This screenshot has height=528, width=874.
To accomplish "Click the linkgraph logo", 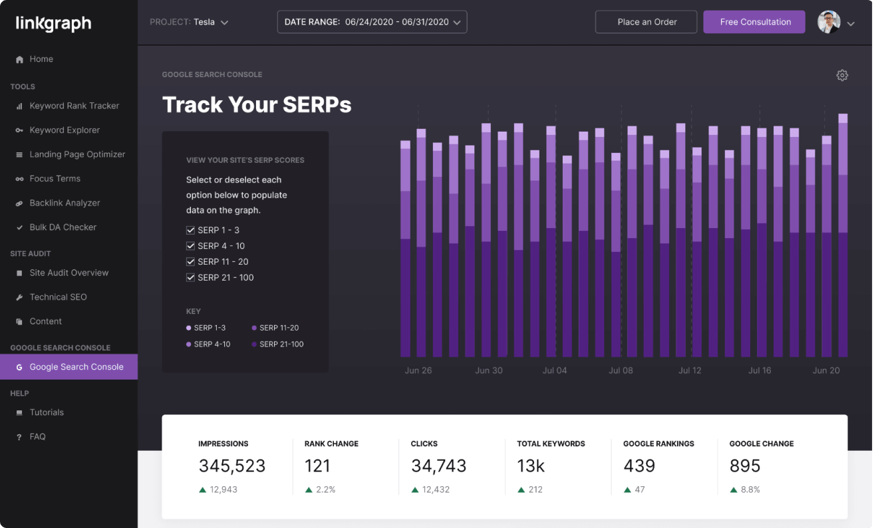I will (53, 24).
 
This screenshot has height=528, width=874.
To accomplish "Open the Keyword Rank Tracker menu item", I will (74, 106).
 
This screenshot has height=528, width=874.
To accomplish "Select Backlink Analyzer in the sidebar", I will (65, 203).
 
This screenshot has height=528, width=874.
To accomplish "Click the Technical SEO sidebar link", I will (58, 297).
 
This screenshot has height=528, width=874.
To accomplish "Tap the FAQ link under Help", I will (37, 437).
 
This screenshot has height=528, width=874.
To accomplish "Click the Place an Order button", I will (647, 22).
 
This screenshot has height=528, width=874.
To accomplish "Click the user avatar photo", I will (829, 22).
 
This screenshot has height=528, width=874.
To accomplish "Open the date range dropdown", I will (372, 22).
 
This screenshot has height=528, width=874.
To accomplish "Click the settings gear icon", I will (842, 75).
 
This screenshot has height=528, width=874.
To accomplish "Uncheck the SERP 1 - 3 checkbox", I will (190, 230).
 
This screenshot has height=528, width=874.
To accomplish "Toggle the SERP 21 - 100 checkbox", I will (190, 278).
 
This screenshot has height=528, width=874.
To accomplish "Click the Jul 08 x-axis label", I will (621, 370).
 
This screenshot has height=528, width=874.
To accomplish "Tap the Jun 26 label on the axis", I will (418, 370).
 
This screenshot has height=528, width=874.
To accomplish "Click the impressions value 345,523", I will (231, 466).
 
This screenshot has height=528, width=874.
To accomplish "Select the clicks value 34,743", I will (438, 466).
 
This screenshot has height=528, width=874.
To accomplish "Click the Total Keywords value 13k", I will (531, 466).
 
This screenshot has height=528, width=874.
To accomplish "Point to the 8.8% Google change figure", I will (750, 489).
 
